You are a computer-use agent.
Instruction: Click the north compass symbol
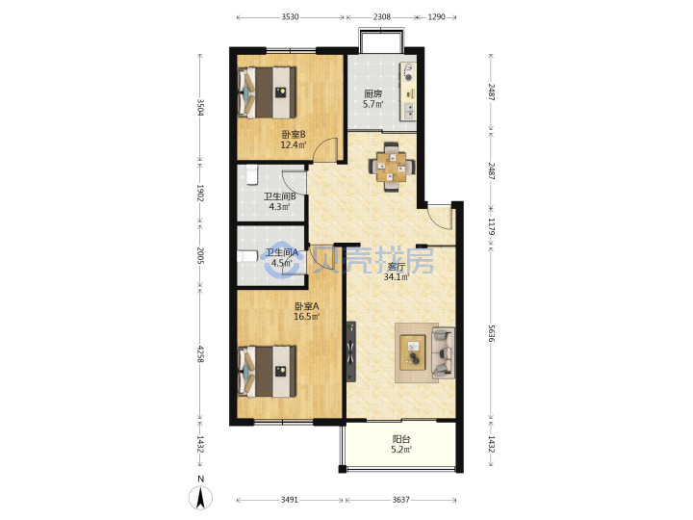[x=200, y=498]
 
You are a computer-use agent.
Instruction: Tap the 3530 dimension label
[x=290, y=17]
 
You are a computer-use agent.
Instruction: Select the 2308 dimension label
[x=382, y=17]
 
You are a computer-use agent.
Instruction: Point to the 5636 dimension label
[x=491, y=333]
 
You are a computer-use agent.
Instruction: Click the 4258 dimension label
[x=200, y=354]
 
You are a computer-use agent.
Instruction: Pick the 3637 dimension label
[x=400, y=500]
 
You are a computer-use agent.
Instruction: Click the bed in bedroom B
[x=267, y=92]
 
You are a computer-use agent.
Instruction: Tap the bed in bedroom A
[x=267, y=372]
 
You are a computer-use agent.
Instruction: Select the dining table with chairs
[x=392, y=167]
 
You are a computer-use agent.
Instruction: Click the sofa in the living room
[x=444, y=352]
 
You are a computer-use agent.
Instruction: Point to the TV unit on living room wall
[x=351, y=351]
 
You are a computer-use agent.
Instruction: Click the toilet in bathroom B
[x=251, y=174]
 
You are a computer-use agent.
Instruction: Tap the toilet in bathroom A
[x=247, y=256]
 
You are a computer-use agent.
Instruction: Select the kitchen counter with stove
[x=408, y=91]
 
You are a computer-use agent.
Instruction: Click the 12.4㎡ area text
[x=294, y=144]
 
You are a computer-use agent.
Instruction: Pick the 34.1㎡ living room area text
[x=396, y=277]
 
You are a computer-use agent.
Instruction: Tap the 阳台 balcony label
[x=401, y=439]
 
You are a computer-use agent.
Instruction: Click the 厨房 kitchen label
[x=373, y=93]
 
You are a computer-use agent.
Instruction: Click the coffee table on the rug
[x=413, y=352]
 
